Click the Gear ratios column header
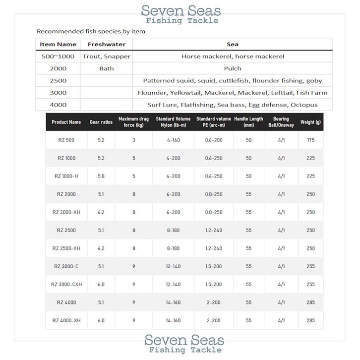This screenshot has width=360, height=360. click(x=101, y=122)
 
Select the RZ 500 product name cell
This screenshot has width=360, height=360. click(x=66, y=140)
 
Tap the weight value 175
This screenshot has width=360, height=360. click(x=311, y=140)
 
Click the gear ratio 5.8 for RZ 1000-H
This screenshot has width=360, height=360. click(x=101, y=176)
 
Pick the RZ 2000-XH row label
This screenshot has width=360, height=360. click(x=66, y=212)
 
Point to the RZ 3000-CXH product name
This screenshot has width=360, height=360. click(x=66, y=285)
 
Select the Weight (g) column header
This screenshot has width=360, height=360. click(x=311, y=122)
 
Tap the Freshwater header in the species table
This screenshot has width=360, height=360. click(x=106, y=45)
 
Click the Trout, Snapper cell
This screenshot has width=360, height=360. click(x=106, y=57)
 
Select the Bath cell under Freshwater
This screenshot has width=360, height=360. click(x=106, y=68)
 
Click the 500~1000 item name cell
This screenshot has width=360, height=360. click(x=58, y=57)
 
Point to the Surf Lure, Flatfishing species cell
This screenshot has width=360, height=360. click(x=233, y=105)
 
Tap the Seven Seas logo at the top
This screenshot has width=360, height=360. click(x=181, y=10)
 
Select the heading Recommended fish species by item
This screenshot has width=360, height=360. click(x=91, y=32)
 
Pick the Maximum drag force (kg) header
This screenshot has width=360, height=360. click(x=133, y=122)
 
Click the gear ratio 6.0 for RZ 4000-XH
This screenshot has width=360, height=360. click(x=101, y=321)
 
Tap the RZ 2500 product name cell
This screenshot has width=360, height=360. click(x=66, y=230)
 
